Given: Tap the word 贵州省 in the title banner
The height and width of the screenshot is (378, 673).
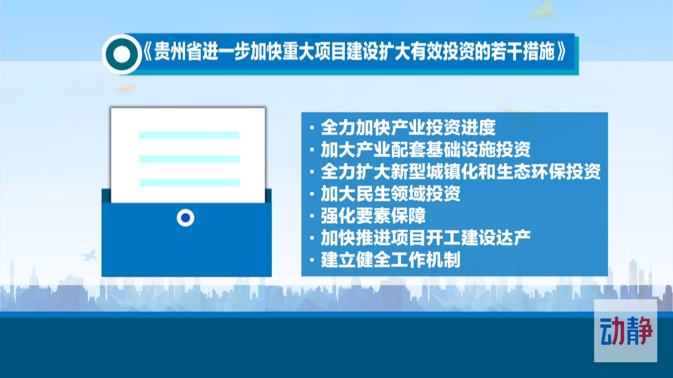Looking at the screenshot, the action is point(178,51).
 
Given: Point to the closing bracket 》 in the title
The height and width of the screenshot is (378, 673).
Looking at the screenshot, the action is point(562,52).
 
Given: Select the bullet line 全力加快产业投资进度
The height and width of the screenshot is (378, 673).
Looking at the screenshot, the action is point(408,127).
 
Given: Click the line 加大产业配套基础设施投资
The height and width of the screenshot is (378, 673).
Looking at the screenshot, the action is point(426,150).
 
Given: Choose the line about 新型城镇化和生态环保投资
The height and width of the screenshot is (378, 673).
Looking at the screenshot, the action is point(461,171).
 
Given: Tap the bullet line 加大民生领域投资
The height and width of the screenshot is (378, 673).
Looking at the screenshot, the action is point(390,194).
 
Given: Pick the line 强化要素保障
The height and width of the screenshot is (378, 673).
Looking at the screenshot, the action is point(373,216).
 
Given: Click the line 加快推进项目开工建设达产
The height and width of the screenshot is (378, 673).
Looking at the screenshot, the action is point(426,238).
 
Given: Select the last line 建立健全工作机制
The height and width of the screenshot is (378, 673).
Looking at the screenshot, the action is point(390,260).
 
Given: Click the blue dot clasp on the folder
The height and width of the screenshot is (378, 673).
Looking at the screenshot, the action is point(185,218).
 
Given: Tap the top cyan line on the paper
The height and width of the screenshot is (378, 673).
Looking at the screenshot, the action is point(189,135).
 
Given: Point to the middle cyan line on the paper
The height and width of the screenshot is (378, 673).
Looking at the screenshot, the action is point(189,159).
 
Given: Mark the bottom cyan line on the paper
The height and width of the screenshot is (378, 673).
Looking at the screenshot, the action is point(190,182).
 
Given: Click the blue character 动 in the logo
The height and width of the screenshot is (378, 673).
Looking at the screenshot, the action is point(613,331).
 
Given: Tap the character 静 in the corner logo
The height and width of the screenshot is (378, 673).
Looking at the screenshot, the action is point(639,331).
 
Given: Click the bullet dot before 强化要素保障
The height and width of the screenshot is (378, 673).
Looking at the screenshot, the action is point(312,216).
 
